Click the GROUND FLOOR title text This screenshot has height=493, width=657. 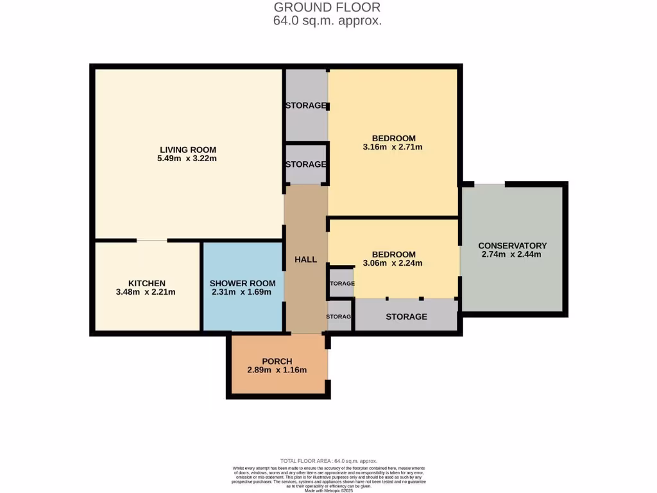tap(327, 7)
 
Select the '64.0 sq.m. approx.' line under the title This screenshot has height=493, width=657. tap(327, 21)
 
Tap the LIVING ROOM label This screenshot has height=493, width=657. tap(187, 150)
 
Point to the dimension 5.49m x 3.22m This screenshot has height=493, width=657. tap(187, 159)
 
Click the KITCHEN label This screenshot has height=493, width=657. tap(146, 283)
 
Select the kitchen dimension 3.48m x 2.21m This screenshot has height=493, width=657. tap(146, 292)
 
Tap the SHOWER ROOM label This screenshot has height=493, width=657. tap(243, 283)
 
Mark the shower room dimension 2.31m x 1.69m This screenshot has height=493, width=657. tap(243, 292)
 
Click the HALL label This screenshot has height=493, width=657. tap(305, 259)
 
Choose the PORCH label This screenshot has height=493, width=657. tap(277, 361)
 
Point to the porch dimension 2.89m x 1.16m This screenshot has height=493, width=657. tap(277, 370)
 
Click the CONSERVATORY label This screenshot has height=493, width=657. tap(512, 245)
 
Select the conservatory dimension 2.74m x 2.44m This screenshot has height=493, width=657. tap(512, 254)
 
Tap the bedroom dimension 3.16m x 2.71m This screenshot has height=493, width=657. tap(393, 147)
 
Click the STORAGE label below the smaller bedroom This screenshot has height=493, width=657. tap(406, 316)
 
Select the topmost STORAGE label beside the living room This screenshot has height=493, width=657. tap(306, 105)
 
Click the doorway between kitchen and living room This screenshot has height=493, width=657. tap(152, 241)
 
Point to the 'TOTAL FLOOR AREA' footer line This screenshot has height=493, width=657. tap(328, 461)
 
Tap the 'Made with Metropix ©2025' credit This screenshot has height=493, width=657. tap(328, 490)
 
